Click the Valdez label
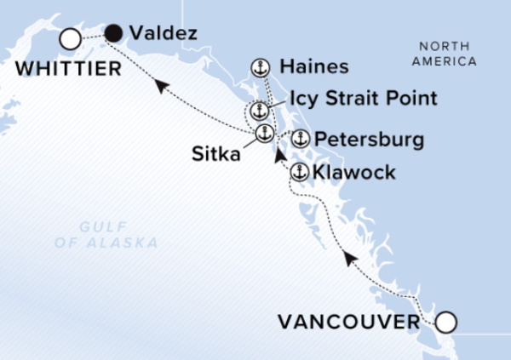(x=164, y=34)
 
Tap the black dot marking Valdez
(x=114, y=33)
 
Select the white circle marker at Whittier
(x=70, y=39)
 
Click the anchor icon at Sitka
(x=265, y=134)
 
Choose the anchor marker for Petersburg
(x=300, y=139)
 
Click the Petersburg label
(x=369, y=139)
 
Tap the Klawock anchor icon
(x=299, y=173)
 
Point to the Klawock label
(x=354, y=173)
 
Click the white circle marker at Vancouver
(x=446, y=323)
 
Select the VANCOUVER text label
(x=349, y=323)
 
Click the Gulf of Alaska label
(x=119, y=235)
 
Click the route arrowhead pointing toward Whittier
(x=159, y=82)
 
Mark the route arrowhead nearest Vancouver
(x=348, y=258)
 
